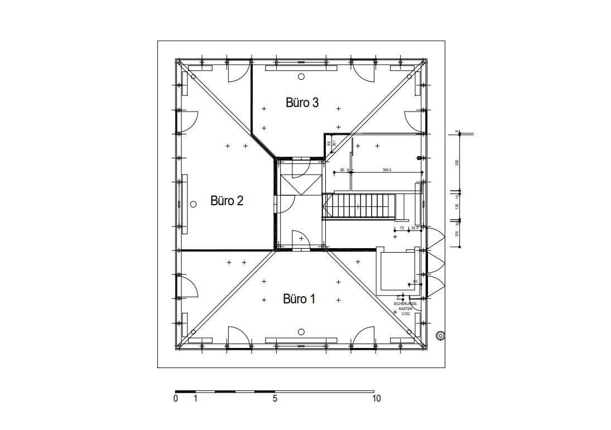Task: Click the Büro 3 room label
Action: coord(302,103)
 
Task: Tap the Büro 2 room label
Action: coord(227,201)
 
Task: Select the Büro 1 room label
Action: coord(299,299)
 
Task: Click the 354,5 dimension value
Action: coord(386,170)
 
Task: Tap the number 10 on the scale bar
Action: coord(377,399)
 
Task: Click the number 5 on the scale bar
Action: coord(275,399)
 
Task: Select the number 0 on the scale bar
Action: coord(176,399)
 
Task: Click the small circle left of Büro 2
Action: coord(193,204)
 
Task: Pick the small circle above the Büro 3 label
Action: coord(301,76)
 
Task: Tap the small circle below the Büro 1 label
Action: coord(301,332)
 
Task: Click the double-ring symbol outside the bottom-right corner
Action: coord(440,336)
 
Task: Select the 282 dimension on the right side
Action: coord(457,162)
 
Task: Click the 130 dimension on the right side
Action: coord(457,206)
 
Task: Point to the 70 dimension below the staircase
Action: coord(402,228)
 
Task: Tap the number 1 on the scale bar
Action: coord(195,399)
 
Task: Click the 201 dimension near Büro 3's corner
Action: coord(334,143)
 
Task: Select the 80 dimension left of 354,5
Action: coord(342,170)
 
